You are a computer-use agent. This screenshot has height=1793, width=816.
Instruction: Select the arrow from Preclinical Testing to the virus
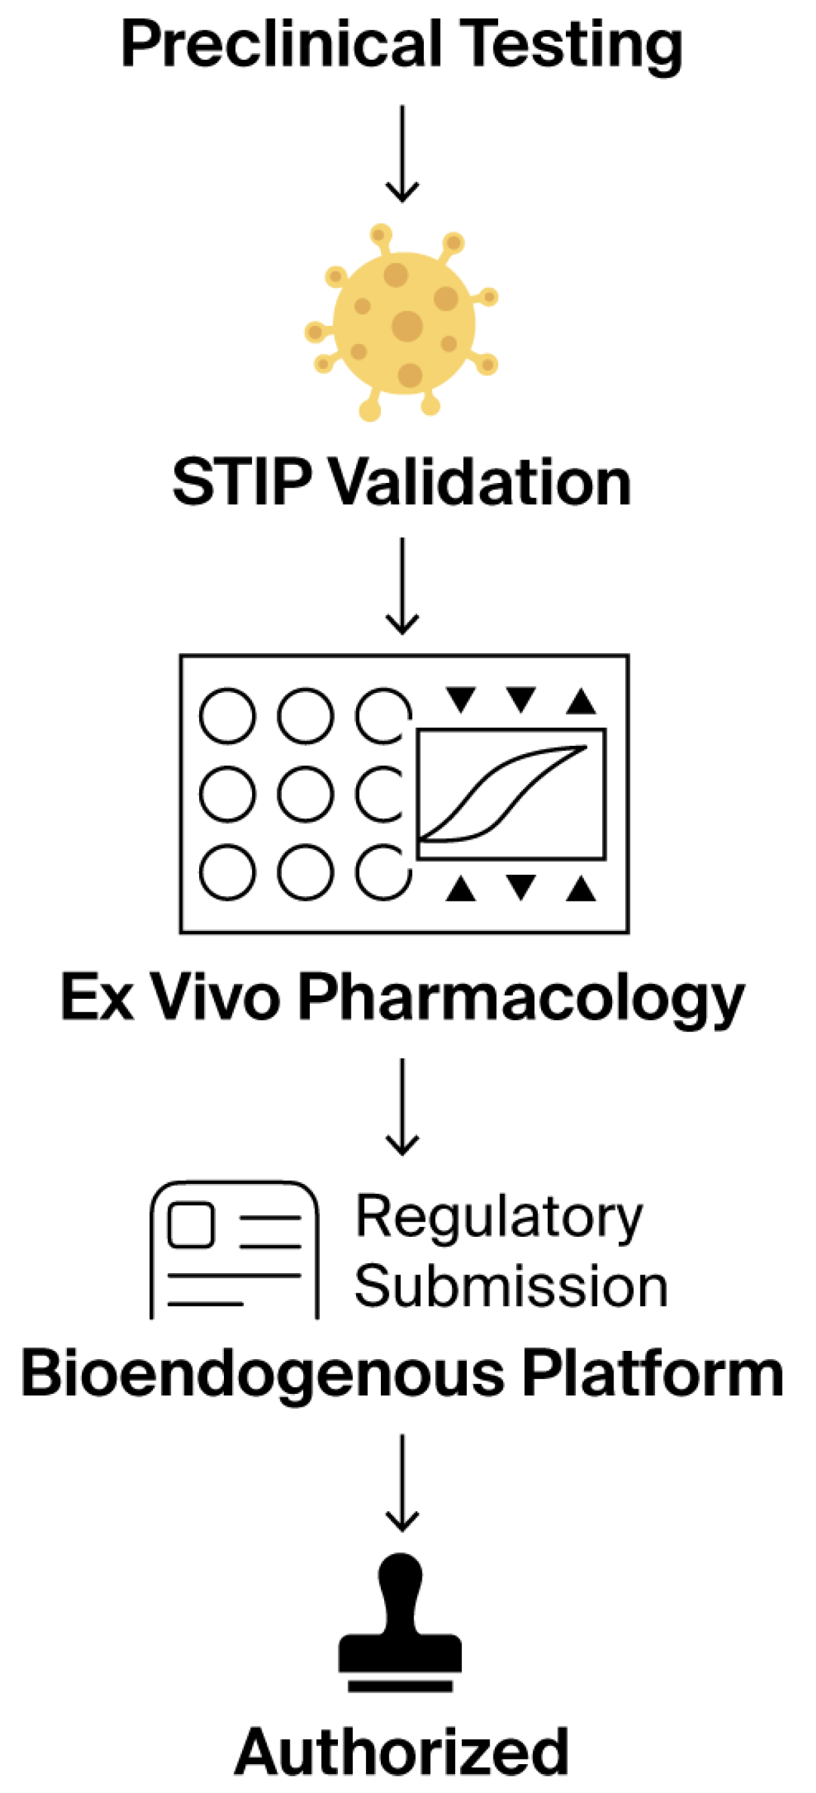[x=402, y=153]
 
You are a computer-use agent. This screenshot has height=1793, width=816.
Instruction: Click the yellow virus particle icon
[x=404, y=324]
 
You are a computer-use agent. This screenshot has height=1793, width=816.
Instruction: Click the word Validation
[x=479, y=482]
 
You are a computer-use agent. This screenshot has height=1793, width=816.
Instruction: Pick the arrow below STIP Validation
[x=402, y=585]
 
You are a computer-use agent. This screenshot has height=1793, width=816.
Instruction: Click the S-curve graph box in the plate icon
[x=512, y=794]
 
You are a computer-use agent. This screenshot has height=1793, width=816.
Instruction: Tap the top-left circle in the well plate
[x=227, y=716]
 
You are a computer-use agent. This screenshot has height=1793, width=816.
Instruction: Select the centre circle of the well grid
[x=304, y=794]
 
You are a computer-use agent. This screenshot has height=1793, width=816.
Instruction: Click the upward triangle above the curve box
[x=581, y=701]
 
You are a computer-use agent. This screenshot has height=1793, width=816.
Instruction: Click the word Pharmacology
[x=521, y=999]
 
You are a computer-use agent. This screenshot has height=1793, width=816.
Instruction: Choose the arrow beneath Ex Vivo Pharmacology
[x=402, y=1107]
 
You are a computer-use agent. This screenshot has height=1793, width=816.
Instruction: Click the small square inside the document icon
[x=190, y=1225]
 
